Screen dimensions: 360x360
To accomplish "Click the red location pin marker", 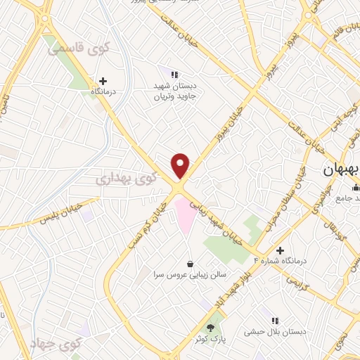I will (x=181, y=165).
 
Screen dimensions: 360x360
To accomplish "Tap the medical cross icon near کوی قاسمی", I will (x=103, y=82).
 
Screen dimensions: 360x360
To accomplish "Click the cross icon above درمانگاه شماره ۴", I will (x=280, y=250).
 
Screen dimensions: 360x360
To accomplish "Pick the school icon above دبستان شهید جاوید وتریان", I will (x=175, y=74).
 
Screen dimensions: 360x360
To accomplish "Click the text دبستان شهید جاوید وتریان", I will (x=179, y=91).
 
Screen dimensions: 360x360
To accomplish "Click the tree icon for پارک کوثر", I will (x=210, y=328).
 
